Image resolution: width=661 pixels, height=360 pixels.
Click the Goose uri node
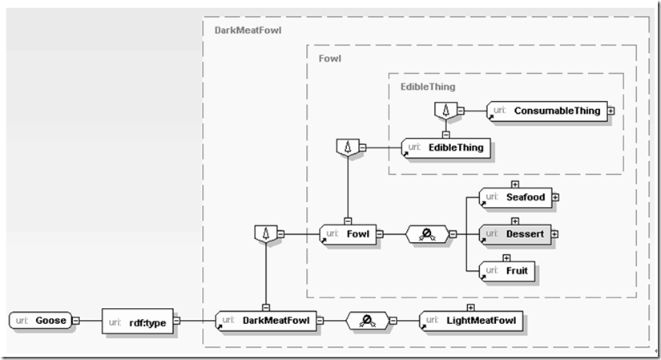point(40,321)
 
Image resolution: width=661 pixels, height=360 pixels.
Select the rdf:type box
point(138,322)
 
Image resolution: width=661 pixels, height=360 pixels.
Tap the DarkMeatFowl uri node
point(266,321)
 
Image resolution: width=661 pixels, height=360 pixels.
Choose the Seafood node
point(513,197)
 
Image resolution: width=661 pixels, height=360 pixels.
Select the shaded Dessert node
point(513,234)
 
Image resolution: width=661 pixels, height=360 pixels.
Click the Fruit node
point(507,271)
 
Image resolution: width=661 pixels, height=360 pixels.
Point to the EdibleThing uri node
point(445,147)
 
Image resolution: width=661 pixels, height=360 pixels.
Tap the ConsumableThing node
point(546,111)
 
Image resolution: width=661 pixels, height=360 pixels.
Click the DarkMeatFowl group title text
point(248,30)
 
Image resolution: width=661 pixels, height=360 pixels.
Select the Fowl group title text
point(330,59)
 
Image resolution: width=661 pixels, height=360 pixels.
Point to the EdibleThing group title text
point(428,86)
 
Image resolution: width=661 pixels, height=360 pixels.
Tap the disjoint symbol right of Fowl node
point(427,234)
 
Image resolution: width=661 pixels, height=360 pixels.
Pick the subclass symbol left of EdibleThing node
point(345,147)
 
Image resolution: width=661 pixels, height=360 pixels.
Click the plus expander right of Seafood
point(555,197)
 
